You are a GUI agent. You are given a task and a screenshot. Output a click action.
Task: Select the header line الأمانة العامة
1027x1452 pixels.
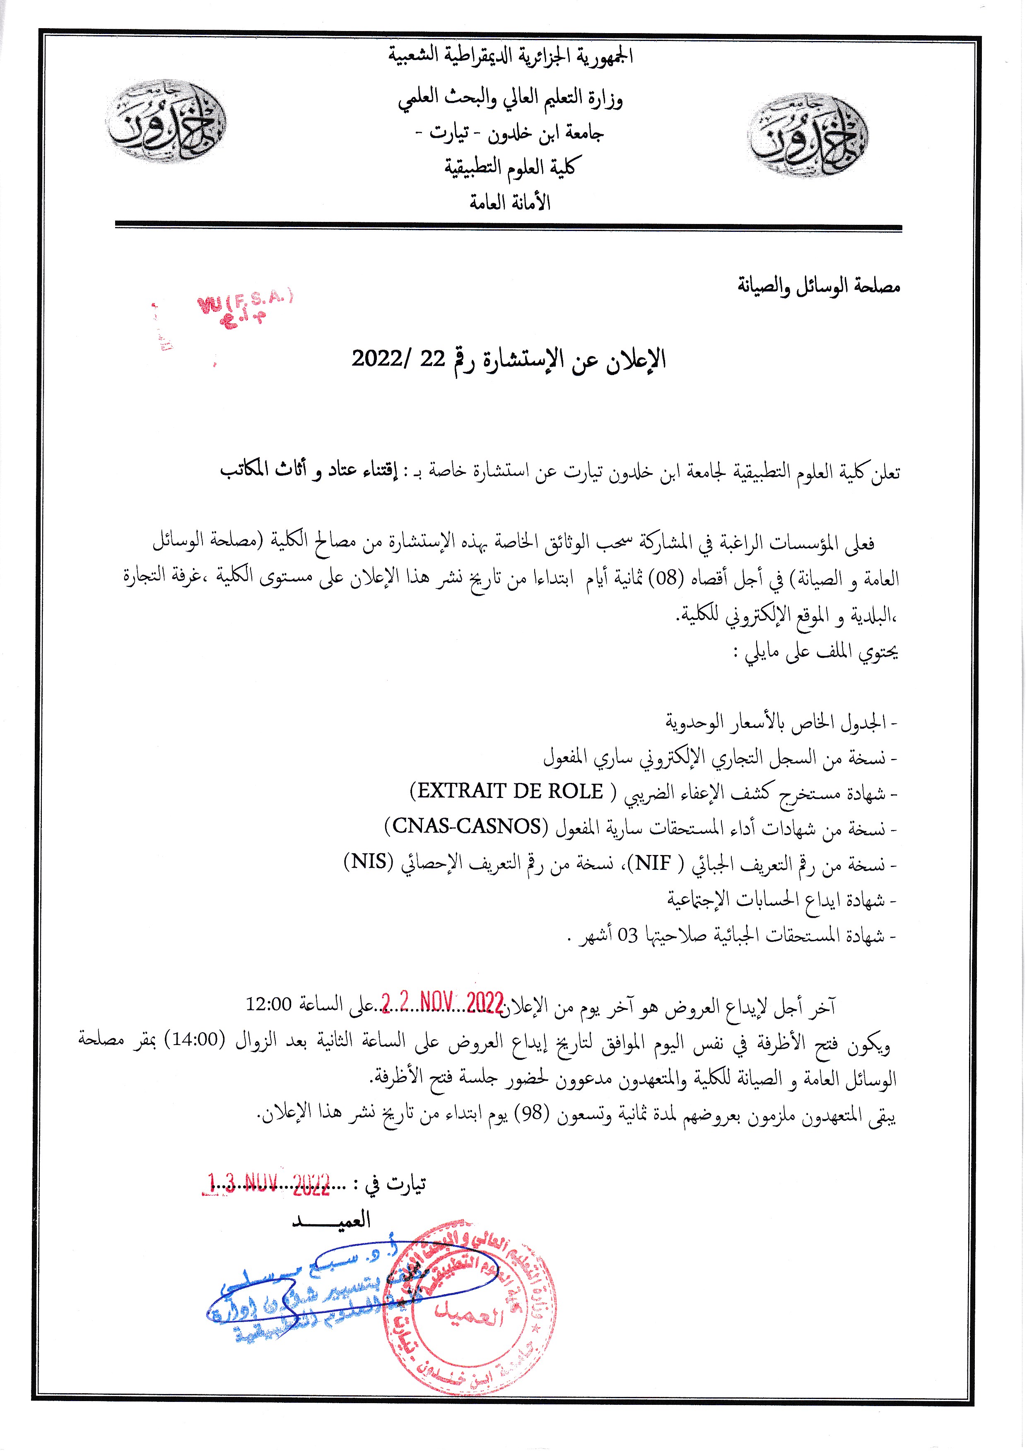click(x=510, y=202)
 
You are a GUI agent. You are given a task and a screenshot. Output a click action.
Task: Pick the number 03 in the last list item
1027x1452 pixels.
click(x=628, y=935)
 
